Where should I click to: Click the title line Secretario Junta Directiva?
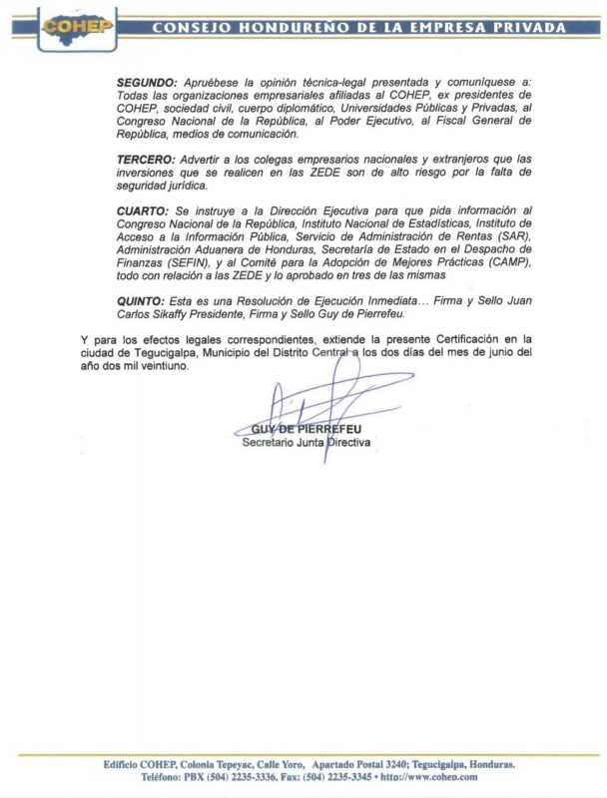point(306,441)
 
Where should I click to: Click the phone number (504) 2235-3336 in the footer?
point(249,776)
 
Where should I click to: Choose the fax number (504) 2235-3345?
point(338,776)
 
